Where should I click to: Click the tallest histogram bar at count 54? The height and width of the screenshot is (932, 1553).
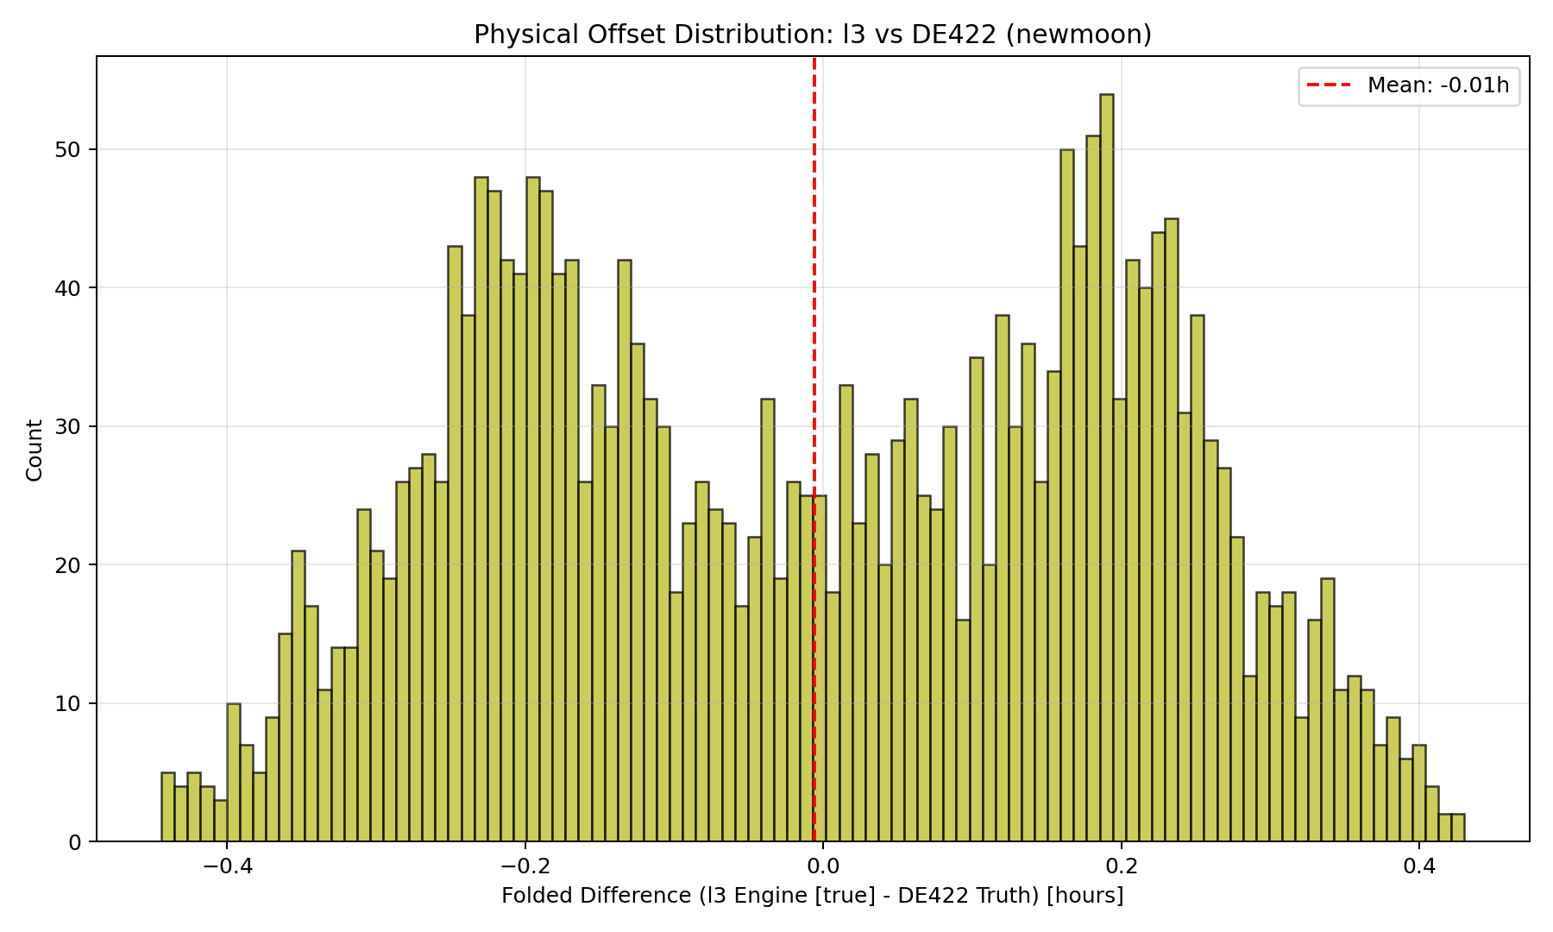tap(1107, 466)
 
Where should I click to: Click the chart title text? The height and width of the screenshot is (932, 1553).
tap(813, 35)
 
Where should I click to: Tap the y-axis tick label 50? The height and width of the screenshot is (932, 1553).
tap(68, 150)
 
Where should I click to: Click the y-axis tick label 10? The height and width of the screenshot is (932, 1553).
tap(68, 704)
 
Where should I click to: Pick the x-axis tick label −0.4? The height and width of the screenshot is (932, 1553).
tap(226, 866)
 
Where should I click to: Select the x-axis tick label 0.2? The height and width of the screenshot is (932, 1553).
tap(1122, 866)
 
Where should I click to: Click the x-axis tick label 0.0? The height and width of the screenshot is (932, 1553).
tap(823, 866)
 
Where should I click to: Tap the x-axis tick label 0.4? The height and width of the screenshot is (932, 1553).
tap(1420, 866)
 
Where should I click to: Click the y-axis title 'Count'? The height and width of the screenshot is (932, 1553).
tap(35, 450)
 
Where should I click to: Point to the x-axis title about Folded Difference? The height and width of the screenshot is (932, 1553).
tap(813, 897)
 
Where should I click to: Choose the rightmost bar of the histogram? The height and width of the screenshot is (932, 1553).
tap(1458, 828)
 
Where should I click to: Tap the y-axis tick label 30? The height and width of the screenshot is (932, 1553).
tap(68, 427)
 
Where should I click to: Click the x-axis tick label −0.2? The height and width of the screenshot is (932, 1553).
tap(525, 866)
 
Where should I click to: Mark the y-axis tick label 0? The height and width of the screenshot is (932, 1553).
tap(74, 842)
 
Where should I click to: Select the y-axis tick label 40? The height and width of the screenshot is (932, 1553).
tap(68, 288)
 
